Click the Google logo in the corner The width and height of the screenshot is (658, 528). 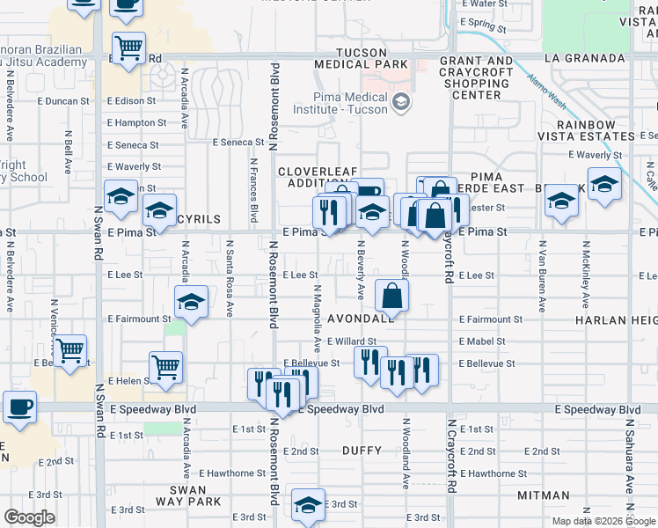(x=29, y=517)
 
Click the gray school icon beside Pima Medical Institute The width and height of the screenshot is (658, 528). (x=402, y=103)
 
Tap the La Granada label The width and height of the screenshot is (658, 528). (x=582, y=58)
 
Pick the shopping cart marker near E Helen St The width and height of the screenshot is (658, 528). (x=166, y=368)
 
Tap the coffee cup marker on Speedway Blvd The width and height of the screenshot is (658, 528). (x=19, y=407)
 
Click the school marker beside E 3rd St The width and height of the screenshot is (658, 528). (x=308, y=506)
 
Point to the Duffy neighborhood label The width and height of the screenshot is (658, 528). (x=362, y=451)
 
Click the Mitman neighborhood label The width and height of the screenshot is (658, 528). (x=544, y=495)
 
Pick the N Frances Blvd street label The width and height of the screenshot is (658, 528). (x=254, y=189)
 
